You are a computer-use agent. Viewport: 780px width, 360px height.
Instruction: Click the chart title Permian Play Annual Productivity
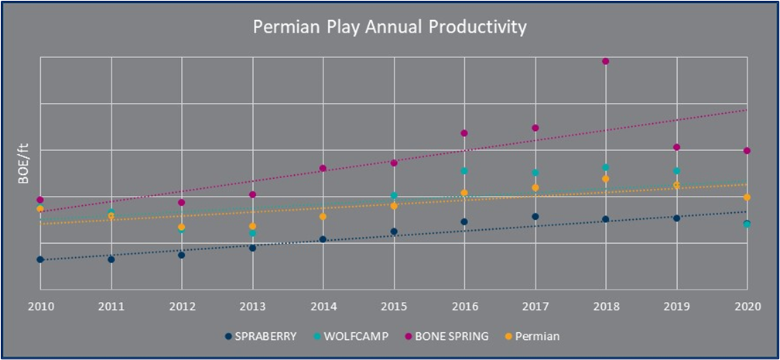[390, 28]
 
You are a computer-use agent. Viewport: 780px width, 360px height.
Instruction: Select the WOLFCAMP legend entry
[353, 336]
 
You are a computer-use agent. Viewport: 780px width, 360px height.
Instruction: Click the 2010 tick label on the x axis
[39, 306]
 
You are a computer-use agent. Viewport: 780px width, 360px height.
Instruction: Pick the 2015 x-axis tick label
[394, 306]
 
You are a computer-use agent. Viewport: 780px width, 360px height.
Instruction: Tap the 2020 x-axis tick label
[747, 306]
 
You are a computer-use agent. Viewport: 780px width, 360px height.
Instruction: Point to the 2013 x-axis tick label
[252, 306]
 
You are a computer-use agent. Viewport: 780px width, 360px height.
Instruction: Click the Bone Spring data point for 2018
[606, 61]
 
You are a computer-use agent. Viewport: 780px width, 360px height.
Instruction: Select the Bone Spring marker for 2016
[464, 133]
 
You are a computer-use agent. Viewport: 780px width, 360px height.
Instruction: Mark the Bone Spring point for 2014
[323, 169]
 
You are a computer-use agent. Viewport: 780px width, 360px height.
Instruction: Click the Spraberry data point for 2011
[111, 259]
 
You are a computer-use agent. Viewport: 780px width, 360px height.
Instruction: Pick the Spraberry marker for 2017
[535, 217]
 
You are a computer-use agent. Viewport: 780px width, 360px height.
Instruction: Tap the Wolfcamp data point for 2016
[464, 171]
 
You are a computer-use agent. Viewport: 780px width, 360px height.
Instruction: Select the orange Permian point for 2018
[606, 179]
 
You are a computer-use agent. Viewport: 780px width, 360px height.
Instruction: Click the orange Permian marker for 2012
[181, 228]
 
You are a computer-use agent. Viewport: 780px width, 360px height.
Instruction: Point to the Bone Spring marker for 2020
[747, 151]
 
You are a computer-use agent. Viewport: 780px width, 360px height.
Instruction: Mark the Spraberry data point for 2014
[323, 240]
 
